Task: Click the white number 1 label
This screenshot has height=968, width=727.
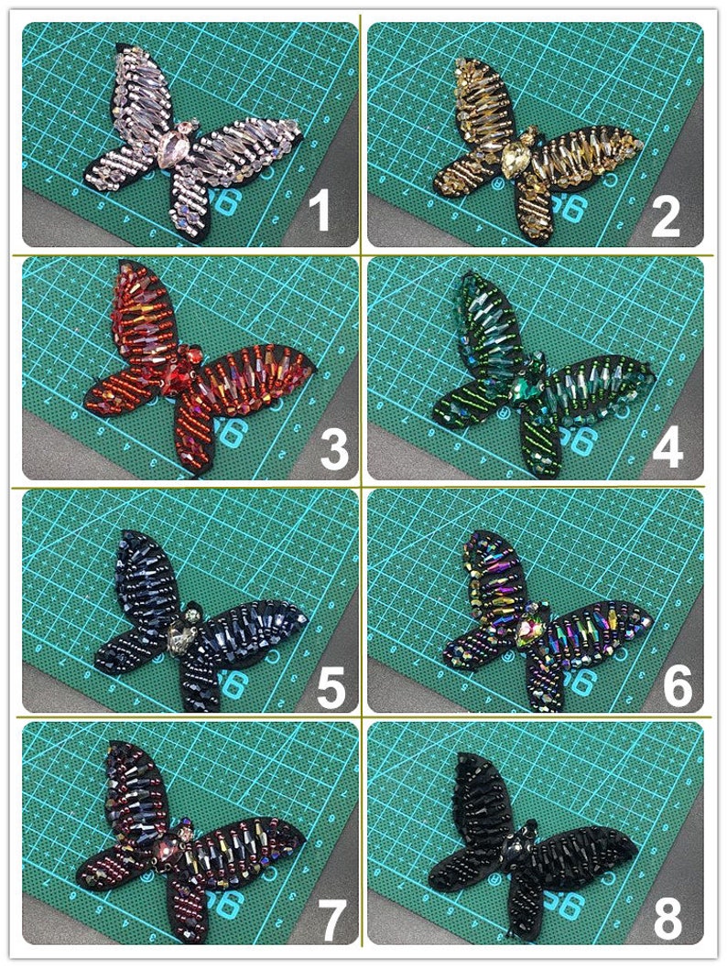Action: tap(319, 212)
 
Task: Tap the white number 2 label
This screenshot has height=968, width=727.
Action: tap(665, 216)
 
